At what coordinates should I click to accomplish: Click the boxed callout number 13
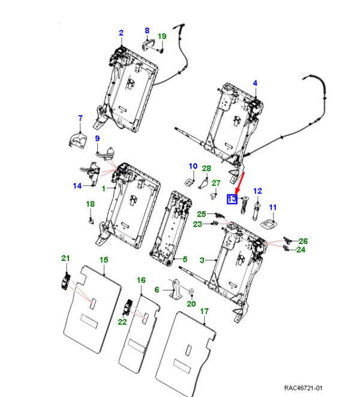[x=232, y=200]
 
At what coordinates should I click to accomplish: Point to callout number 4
[x=254, y=83]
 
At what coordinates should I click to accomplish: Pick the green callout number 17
[x=204, y=311]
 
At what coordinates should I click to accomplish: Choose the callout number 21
[x=65, y=258]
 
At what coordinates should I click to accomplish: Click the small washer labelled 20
[x=191, y=293]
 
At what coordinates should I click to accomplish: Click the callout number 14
[x=77, y=186]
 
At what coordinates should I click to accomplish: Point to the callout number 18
[x=90, y=204]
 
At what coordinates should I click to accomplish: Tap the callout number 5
[x=185, y=260]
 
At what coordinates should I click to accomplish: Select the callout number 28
[x=206, y=168]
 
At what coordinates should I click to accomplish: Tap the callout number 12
[x=258, y=191]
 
